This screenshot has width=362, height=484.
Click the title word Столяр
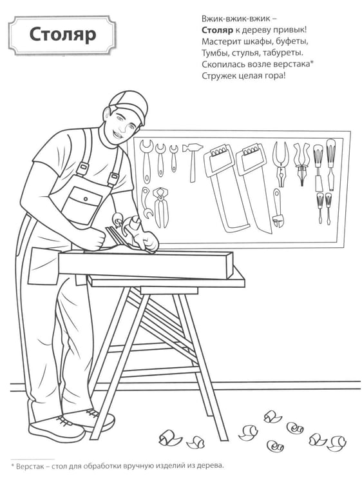pyautogui.click(x=63, y=35)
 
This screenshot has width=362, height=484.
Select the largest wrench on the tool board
pyautogui.click(x=146, y=161)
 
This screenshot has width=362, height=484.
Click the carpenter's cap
pyautogui.click(x=130, y=105)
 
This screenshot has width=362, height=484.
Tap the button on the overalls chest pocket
pyautogui.click(x=86, y=199)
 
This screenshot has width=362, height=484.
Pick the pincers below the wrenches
pyautogui.click(x=160, y=207)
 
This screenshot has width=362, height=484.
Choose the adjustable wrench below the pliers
pyautogui.click(x=278, y=208)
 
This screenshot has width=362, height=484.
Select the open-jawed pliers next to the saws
pyautogui.click(x=280, y=164)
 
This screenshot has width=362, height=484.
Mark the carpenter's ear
pyautogui.click(x=106, y=113)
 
